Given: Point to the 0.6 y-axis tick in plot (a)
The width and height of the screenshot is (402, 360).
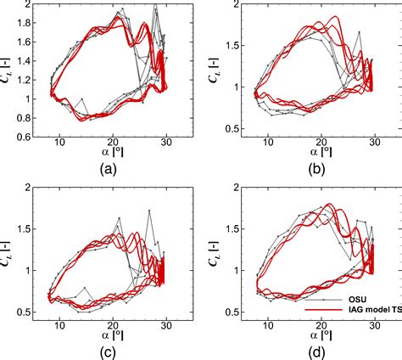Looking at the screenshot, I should (x=33, y=137).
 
